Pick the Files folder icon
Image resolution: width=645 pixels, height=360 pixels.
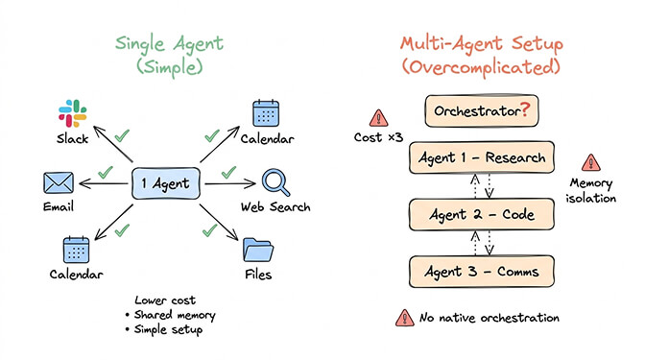coord(258,250)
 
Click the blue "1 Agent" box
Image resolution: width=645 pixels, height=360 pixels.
coord(165,181)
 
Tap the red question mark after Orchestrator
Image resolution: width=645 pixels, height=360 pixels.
coord(525,109)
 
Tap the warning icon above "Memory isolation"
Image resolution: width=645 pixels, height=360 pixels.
coord(589,164)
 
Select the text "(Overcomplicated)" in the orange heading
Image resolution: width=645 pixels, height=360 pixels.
coord(480,68)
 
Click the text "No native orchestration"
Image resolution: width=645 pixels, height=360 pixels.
coord(490,318)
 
